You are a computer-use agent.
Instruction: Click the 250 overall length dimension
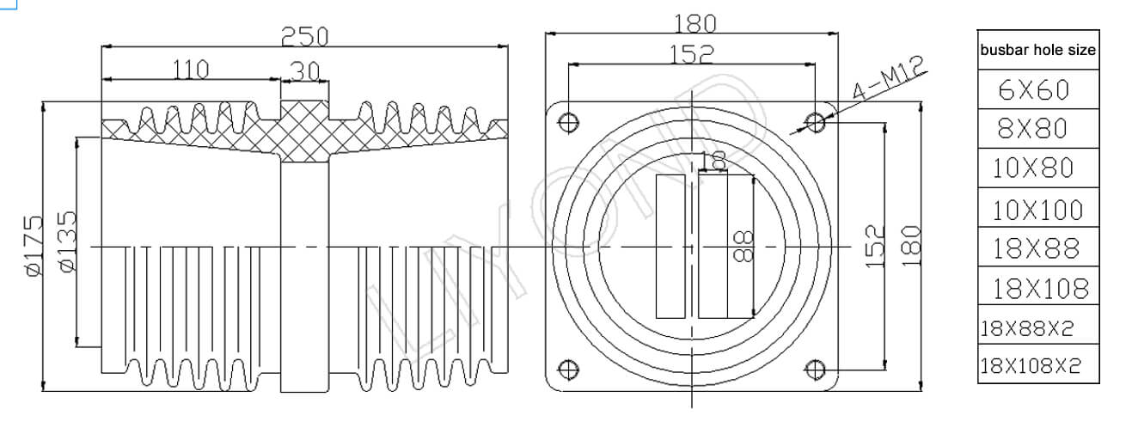305,36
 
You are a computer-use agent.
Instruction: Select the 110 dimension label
191,70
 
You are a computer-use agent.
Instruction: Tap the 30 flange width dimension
304,71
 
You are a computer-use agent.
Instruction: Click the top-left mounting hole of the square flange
567,122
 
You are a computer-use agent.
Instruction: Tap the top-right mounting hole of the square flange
816,122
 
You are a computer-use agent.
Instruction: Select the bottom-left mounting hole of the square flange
567,370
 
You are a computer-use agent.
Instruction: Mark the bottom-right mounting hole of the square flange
816,370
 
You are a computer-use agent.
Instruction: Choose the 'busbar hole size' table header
1037,50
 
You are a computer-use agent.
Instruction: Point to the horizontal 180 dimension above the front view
692,23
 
